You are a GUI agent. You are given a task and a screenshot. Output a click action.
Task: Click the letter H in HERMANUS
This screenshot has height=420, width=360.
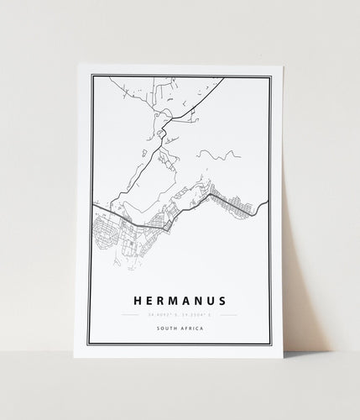pos(137,298)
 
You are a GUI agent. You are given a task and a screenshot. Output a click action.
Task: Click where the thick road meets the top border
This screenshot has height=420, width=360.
pos(225,77)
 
